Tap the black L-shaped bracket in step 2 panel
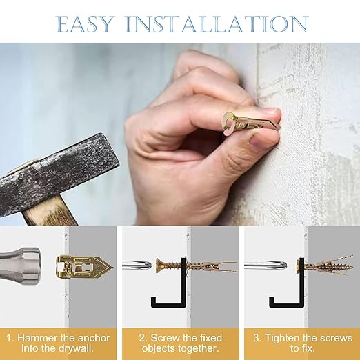coord(173,290)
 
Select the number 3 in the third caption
coord(256,339)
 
